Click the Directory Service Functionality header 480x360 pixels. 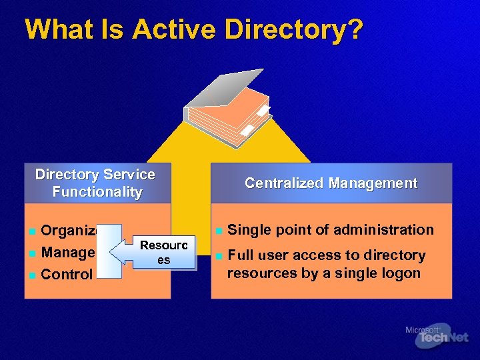point(96,183)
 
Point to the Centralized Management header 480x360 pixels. point(331,183)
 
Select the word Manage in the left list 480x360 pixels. point(67,253)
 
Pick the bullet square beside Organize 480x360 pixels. point(31,232)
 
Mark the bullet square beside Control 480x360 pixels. point(31,275)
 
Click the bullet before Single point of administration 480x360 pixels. point(218,231)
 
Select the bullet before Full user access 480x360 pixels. point(218,256)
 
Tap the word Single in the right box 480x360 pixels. point(249,230)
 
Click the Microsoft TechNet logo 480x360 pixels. point(437,336)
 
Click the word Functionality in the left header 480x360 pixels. point(97,192)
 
